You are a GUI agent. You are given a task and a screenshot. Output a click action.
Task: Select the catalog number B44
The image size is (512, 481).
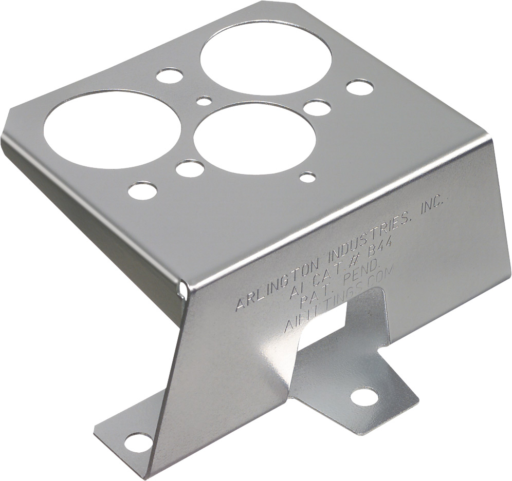380,252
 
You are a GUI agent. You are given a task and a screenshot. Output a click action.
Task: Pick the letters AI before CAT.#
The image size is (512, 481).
298,292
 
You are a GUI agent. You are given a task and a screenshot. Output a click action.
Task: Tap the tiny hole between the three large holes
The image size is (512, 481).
205,100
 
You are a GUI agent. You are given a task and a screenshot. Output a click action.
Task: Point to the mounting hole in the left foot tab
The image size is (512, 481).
139,441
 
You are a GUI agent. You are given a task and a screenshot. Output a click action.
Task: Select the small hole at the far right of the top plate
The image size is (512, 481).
359,87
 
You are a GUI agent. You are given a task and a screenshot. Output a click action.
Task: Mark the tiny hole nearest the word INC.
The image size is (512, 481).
307,178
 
